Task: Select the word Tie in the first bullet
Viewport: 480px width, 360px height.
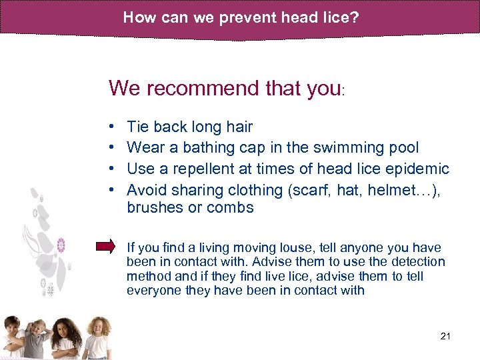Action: click(x=137, y=127)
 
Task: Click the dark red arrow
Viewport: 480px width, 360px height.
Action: click(x=106, y=247)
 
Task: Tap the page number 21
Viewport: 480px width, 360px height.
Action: click(x=446, y=336)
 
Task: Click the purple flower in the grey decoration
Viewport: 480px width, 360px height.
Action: click(x=61, y=245)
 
